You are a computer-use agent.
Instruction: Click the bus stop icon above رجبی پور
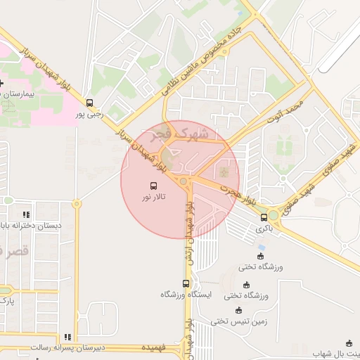[x=89, y=102]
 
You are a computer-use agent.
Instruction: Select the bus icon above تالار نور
[x=153, y=186]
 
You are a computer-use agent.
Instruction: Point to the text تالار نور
[x=154, y=199]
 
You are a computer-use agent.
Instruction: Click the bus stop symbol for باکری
[x=264, y=217]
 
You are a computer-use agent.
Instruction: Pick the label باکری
[x=264, y=229]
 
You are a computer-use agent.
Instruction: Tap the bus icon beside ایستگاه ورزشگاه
[x=186, y=283]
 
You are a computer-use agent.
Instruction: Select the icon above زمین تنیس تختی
[x=238, y=310]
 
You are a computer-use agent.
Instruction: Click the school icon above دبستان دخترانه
[x=26, y=214]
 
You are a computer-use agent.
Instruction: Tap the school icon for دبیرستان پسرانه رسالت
[x=67, y=337]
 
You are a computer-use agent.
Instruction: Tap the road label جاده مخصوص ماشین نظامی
[x=204, y=63]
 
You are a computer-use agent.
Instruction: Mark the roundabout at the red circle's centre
[x=184, y=181]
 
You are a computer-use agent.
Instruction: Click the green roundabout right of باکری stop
[x=273, y=214]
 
